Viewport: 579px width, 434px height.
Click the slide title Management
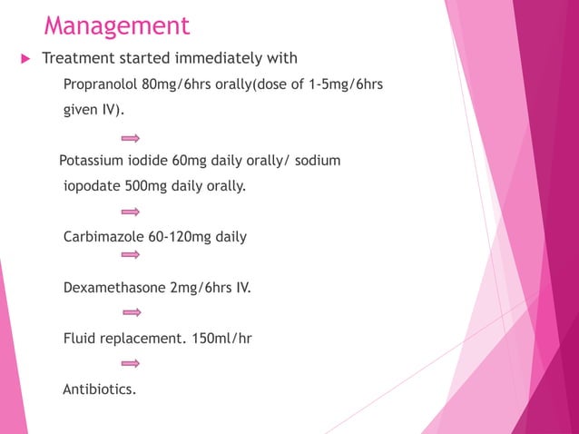click(117, 25)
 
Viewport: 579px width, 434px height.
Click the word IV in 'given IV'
click(113, 111)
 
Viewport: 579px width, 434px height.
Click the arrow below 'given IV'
click(131, 137)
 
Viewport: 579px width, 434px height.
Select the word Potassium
click(92, 162)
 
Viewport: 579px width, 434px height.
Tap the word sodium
click(316, 162)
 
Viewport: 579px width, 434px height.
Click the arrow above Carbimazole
click(131, 212)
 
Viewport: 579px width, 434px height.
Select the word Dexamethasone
click(114, 289)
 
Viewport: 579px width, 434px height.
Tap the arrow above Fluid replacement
click(131, 313)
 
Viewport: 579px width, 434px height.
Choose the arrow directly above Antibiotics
click(131, 364)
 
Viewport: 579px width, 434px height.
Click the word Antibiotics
click(99, 390)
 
